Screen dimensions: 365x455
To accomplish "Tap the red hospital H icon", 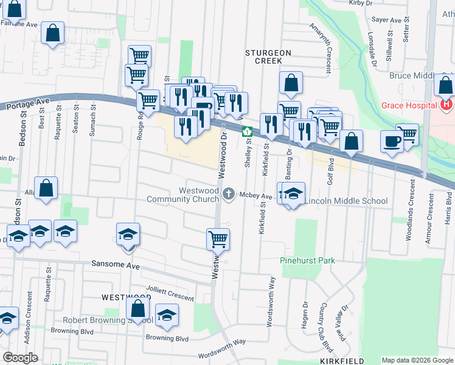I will pyautogui.click(x=446, y=105).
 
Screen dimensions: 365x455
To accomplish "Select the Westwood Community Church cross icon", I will pyautogui.click(x=229, y=193).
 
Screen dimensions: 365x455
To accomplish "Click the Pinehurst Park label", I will pyautogui.click(x=308, y=260).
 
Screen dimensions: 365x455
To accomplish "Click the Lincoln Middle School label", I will pyautogui.click(x=346, y=201).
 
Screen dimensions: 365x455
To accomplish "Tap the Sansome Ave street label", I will pyautogui.click(x=116, y=266).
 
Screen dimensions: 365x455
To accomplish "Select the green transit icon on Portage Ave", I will pyautogui.click(x=247, y=131).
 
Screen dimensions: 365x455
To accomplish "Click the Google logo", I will pyautogui.click(x=21, y=357).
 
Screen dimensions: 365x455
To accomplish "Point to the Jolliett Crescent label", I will pyautogui.click(x=170, y=293).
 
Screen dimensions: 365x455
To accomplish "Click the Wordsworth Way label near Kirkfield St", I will pyautogui.click(x=273, y=294).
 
